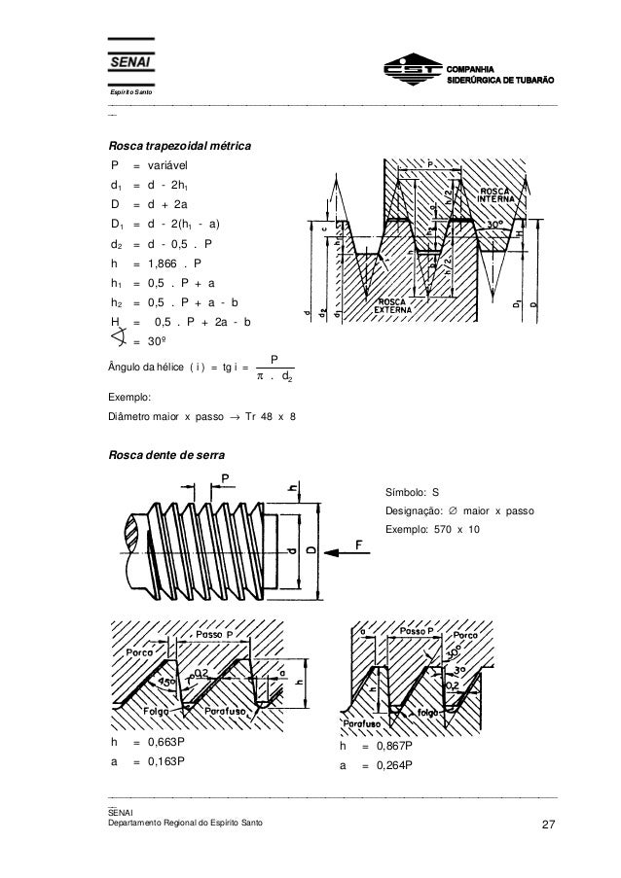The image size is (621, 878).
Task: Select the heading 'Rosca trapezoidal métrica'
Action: click(x=180, y=146)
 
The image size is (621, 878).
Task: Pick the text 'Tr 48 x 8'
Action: click(x=269, y=417)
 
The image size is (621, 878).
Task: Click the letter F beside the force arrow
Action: click(x=372, y=548)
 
